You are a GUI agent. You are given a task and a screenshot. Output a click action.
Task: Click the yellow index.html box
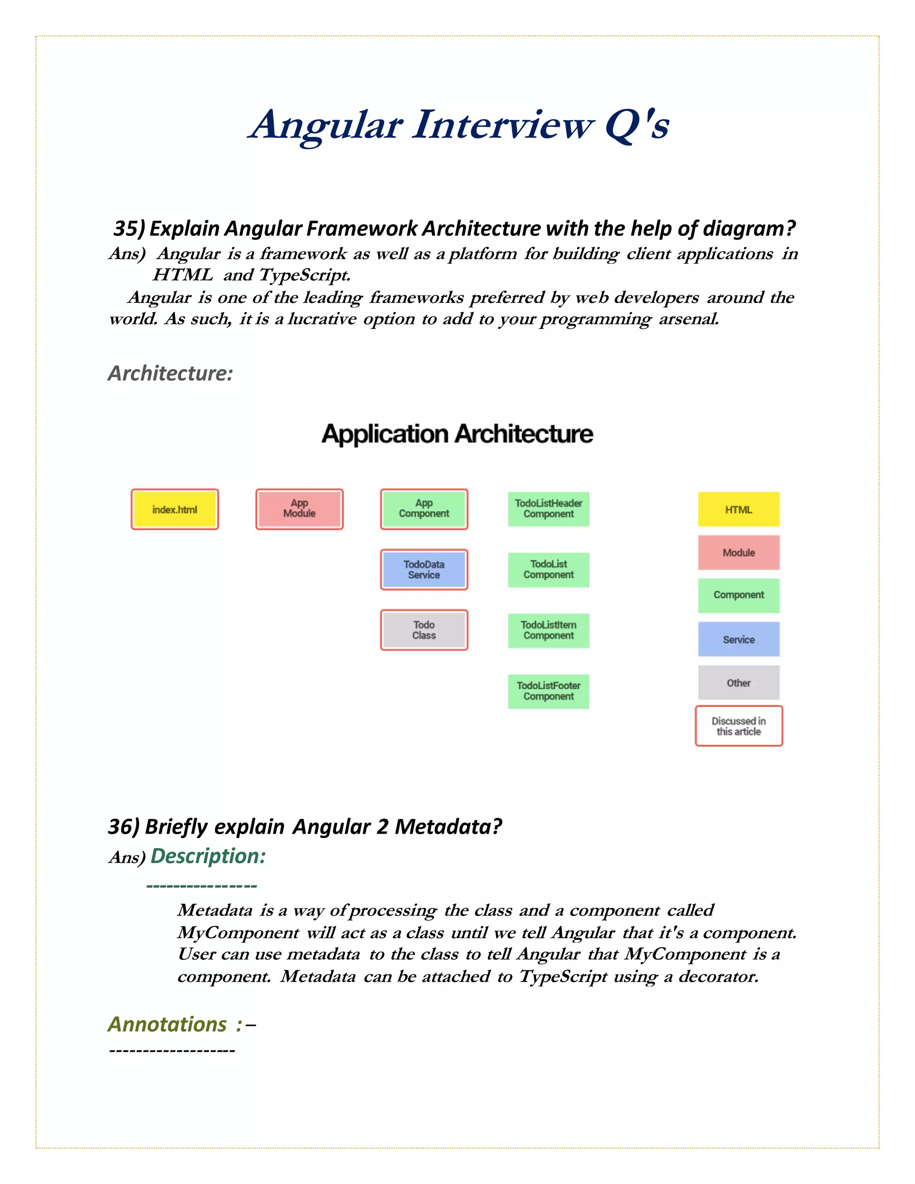175,509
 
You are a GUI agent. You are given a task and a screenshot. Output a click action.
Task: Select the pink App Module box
299,509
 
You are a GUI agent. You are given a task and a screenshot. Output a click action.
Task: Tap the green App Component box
424,509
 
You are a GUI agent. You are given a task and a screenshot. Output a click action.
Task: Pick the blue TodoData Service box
424,569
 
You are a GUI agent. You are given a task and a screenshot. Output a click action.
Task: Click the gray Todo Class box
424,630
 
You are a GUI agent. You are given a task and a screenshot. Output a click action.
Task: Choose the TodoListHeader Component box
549,509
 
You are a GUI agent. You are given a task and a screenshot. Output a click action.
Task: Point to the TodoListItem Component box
549,630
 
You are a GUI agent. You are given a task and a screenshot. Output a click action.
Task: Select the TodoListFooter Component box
549,691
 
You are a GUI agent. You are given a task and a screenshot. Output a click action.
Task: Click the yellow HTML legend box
738,509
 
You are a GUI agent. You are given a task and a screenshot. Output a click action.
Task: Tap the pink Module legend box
738,552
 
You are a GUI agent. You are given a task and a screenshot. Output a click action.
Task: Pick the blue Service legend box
738,639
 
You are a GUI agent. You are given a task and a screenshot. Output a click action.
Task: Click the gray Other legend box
738,683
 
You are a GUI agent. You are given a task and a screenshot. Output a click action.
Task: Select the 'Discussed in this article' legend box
738,726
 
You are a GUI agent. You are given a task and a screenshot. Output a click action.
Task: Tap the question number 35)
129,229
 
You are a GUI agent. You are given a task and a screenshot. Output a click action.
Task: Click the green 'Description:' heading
208,856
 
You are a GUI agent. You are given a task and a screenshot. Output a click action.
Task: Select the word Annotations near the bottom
167,1024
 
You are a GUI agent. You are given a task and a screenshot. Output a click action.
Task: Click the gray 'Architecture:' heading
170,373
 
